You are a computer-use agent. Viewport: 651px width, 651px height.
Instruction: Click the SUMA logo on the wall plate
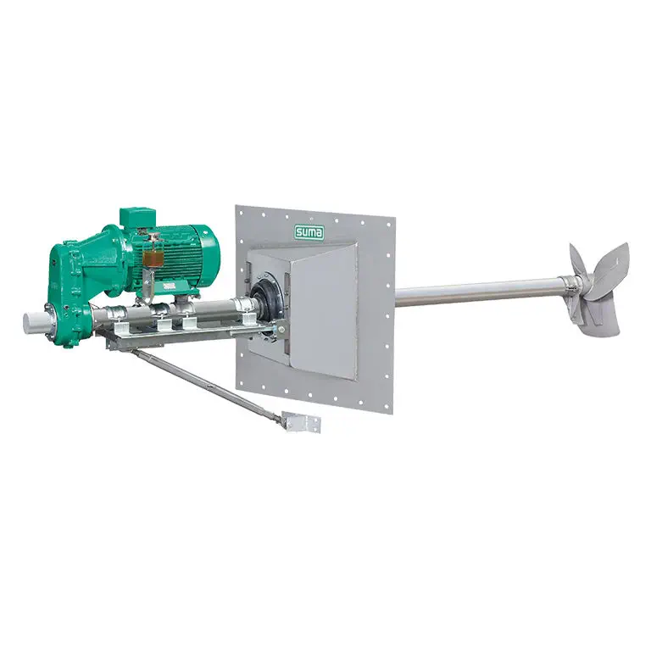[309, 232]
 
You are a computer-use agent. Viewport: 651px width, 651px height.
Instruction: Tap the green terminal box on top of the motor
[138, 218]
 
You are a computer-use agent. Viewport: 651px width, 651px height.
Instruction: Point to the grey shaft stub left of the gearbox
[35, 323]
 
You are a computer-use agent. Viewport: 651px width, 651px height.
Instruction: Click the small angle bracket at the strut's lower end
[302, 422]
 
